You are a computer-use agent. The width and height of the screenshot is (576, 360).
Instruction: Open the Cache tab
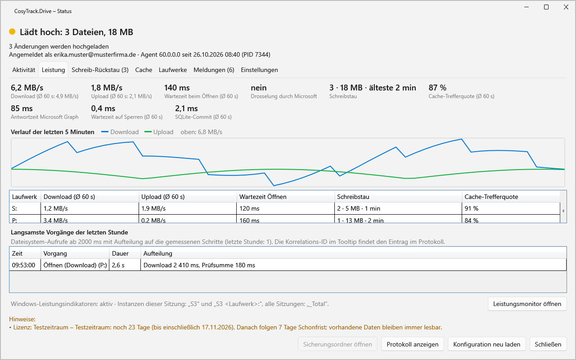point(144,70)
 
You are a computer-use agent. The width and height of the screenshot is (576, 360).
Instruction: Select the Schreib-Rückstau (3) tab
point(100,70)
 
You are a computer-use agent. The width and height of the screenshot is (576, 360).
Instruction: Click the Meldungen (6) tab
point(214,70)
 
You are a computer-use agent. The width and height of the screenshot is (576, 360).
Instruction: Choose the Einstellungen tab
point(259,70)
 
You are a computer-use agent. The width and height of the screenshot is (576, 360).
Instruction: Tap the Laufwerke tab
point(172,70)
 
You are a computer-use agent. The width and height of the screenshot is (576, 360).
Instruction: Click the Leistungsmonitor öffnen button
point(527,304)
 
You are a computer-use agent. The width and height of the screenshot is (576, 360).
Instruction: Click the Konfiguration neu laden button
point(486,344)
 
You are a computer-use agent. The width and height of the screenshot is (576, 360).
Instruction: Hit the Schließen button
point(548,344)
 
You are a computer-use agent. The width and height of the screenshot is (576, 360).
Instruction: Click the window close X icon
point(566,7)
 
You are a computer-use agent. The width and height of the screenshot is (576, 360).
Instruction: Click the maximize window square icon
point(546,7)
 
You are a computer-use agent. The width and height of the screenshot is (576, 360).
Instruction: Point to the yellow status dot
point(12,31)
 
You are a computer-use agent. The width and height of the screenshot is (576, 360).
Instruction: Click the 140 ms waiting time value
point(177,88)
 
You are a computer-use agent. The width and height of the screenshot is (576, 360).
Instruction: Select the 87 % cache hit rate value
point(437,88)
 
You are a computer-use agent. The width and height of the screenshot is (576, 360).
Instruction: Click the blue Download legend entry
point(120,132)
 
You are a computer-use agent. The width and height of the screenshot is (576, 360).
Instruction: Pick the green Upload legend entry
point(159,132)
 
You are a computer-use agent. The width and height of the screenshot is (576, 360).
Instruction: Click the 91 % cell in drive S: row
point(471,208)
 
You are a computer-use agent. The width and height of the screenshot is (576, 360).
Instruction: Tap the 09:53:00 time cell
point(24,265)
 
